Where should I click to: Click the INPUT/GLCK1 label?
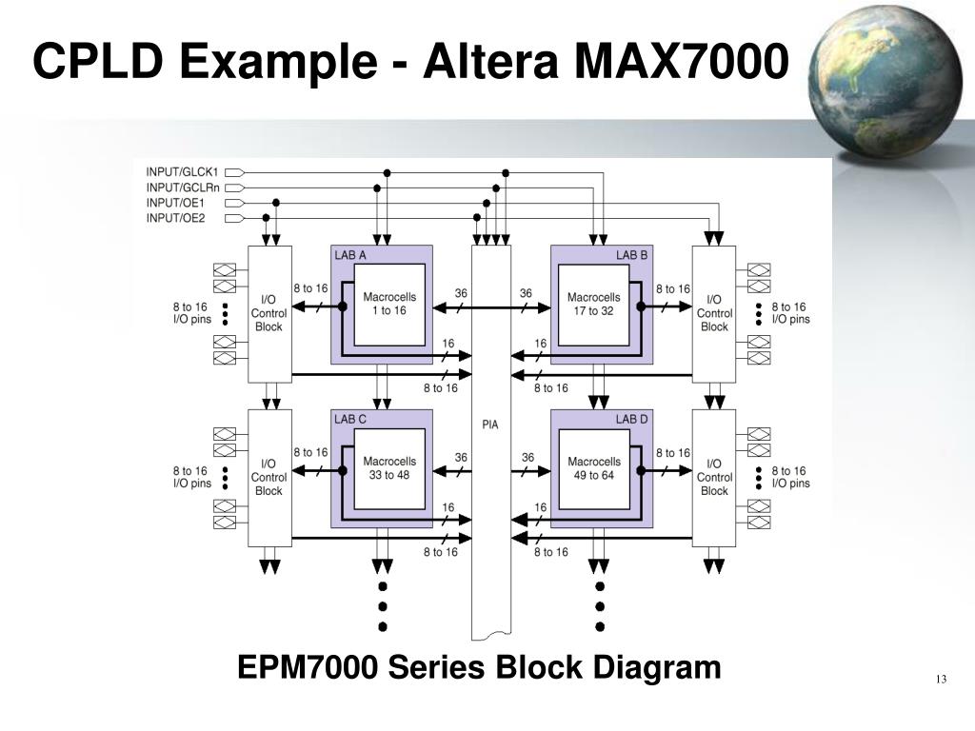pyautogui.click(x=182, y=172)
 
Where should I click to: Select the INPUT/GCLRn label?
pyautogui.click(x=183, y=188)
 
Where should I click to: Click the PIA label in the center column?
pyautogui.click(x=490, y=425)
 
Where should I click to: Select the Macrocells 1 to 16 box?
pyautogui.click(x=389, y=305)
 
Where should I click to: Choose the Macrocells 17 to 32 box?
pyautogui.click(x=593, y=305)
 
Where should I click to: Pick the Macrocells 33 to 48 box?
pyautogui.click(x=389, y=468)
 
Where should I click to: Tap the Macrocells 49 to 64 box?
pyautogui.click(x=593, y=468)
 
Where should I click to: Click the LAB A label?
pyautogui.click(x=350, y=255)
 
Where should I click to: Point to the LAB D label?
pyautogui.click(x=631, y=419)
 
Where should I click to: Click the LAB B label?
pyautogui.click(x=631, y=255)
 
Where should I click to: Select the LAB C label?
pyautogui.click(x=350, y=419)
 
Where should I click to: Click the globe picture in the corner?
pyautogui.click(x=876, y=81)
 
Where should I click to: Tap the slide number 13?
pyautogui.click(x=940, y=679)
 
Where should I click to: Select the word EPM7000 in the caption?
pyautogui.click(x=307, y=667)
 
